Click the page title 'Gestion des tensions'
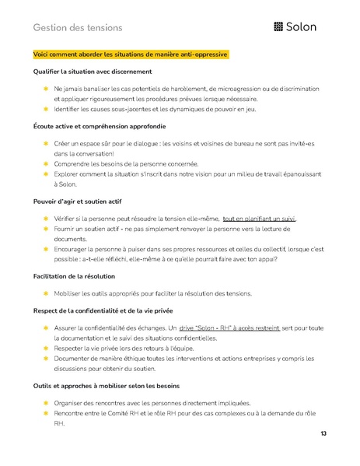tap(78, 28)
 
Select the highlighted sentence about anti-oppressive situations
tap(131, 54)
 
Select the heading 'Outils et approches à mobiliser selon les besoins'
tap(107, 386)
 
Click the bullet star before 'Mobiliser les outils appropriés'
tap(46, 293)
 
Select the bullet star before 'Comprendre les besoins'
tap(46, 163)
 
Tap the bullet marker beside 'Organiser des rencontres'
tap(46, 403)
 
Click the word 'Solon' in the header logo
tap(302, 28)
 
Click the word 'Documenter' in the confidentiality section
tap(74, 360)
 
